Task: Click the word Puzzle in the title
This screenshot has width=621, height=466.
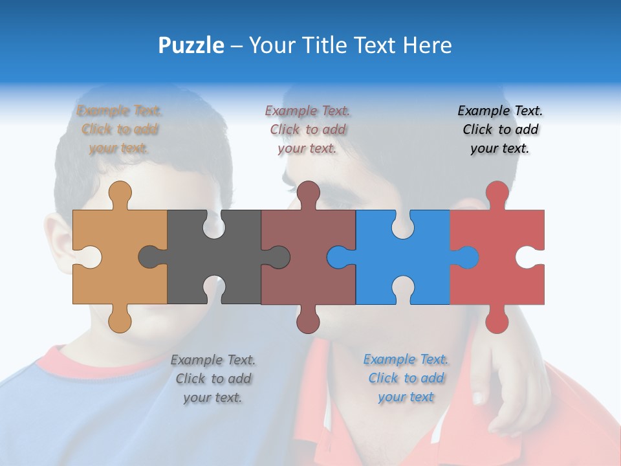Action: tap(191, 45)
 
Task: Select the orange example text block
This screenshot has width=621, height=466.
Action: tap(120, 129)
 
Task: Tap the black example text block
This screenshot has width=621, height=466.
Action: tap(500, 129)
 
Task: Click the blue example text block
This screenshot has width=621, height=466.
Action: tap(406, 378)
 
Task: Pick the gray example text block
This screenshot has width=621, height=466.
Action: tap(213, 379)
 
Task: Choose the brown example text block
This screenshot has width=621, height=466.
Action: tap(307, 129)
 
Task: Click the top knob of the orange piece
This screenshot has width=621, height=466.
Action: tap(120, 192)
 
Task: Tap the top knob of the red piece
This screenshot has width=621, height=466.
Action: tap(497, 192)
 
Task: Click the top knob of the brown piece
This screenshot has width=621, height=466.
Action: tap(308, 192)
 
